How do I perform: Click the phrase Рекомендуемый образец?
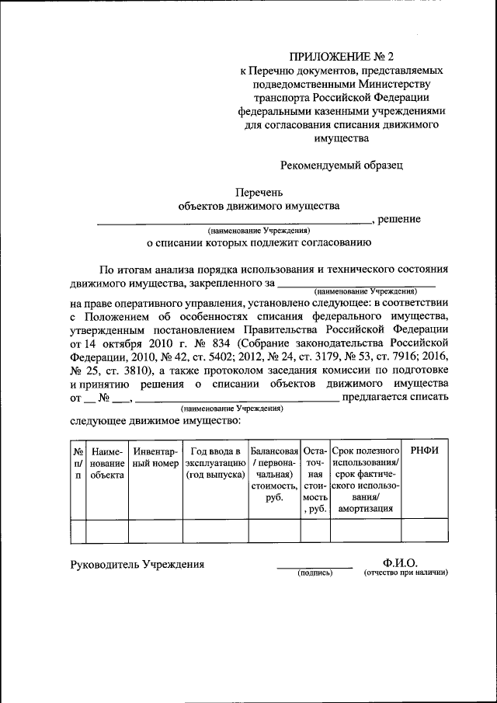click(x=342, y=164)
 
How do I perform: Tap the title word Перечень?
click(x=259, y=192)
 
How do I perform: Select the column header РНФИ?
click(x=424, y=451)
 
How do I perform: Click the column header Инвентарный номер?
click(x=155, y=458)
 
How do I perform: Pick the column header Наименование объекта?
click(x=106, y=463)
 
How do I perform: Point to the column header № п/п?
click(x=78, y=463)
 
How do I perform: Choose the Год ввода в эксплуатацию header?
click(x=215, y=463)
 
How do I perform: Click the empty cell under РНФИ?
click(x=424, y=530)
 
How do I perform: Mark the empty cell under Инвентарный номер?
click(x=155, y=530)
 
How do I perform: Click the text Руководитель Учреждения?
click(x=137, y=565)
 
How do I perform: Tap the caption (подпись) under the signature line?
click(x=315, y=574)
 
